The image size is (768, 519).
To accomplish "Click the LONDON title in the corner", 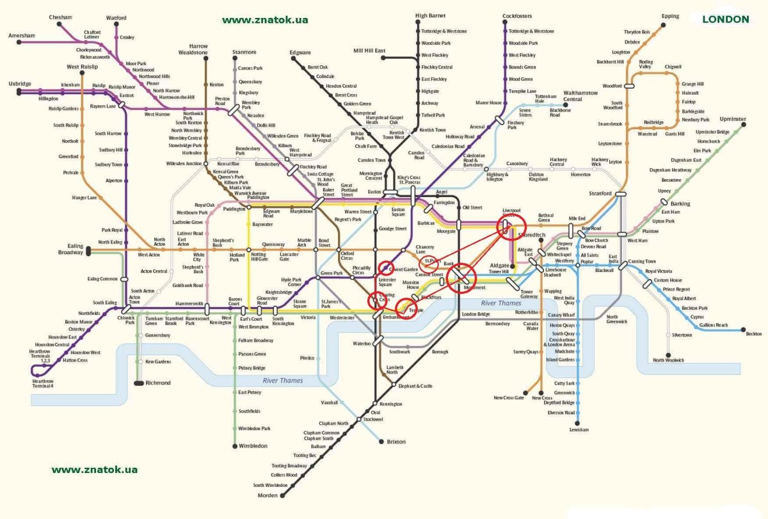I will pos(725,19).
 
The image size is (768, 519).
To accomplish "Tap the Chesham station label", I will pos(60,17).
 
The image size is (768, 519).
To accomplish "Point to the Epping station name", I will pos(670,16).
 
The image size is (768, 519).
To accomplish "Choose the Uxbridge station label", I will pos(19,84).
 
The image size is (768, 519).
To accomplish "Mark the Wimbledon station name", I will pos(253,445).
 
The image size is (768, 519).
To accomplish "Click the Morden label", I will pos(268,495).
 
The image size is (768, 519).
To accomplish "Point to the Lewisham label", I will pos(579,429).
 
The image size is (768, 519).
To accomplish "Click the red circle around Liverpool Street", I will pos(511,225).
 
